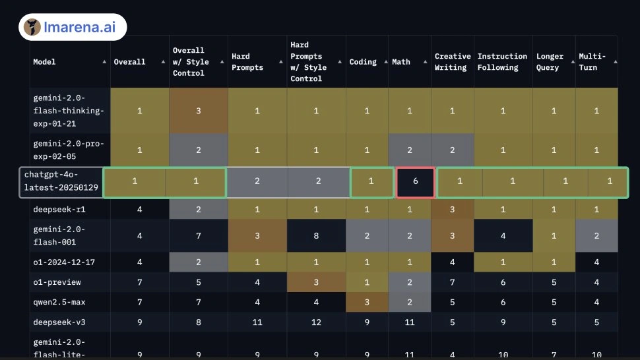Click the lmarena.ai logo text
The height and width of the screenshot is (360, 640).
coord(80,27)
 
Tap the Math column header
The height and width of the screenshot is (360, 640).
coord(400,62)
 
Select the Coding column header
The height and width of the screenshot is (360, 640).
coord(363,62)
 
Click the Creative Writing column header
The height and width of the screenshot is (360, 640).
coord(452,62)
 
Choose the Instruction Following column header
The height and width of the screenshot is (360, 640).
coord(502,62)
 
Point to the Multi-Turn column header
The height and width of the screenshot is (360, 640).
coord(592,62)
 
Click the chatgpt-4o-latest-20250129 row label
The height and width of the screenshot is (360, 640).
coord(61,181)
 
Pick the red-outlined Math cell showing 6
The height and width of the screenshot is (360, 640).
coord(415,182)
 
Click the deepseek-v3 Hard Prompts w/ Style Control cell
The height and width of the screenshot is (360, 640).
coord(316,322)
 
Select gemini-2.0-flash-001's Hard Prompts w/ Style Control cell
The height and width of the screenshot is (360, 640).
coord(316,235)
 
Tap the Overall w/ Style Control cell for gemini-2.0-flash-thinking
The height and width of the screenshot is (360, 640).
coord(199,111)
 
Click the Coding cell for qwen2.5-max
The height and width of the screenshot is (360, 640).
coord(367,302)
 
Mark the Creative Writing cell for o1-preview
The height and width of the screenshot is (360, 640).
coord(452,282)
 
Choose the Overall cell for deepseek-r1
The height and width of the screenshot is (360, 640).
coord(140,210)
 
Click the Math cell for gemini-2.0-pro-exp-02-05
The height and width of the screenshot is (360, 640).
coord(409,150)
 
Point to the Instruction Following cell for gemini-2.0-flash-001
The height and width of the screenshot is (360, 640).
coord(503,235)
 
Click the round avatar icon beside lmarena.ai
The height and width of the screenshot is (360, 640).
coord(32,27)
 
